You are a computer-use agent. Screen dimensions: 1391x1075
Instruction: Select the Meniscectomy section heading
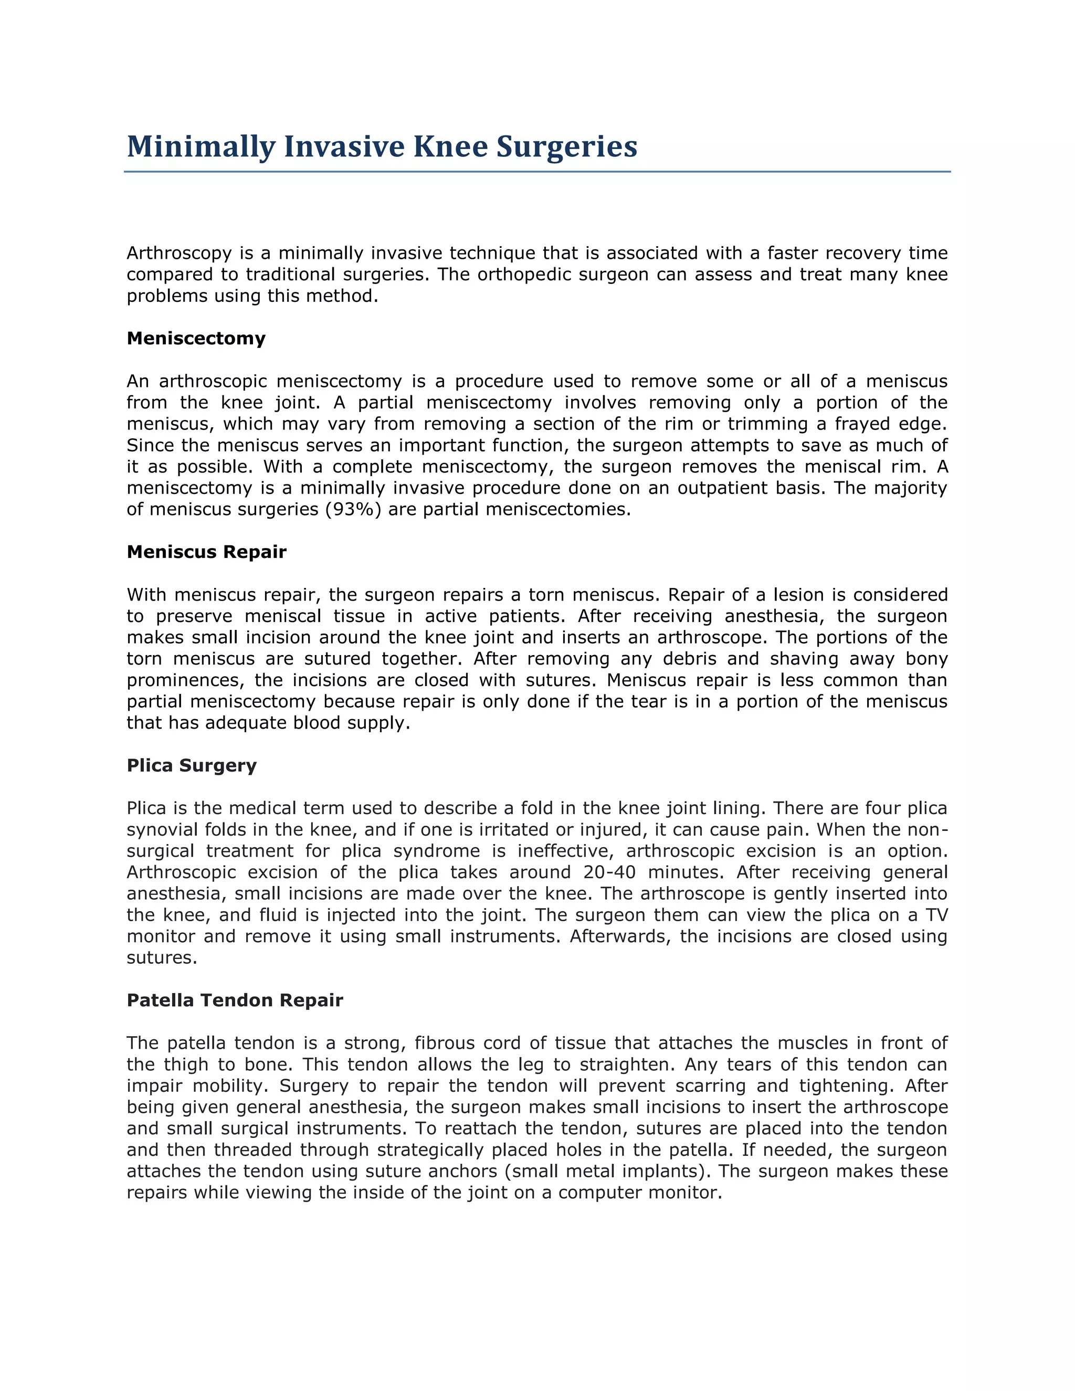(196, 338)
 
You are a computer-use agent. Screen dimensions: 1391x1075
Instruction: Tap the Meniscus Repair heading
(206, 552)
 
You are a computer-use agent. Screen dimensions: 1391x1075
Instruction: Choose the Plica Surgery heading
(192, 765)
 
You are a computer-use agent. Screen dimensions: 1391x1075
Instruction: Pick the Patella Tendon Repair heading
(234, 1000)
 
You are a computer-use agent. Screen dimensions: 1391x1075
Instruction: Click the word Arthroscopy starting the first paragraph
(179, 254)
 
